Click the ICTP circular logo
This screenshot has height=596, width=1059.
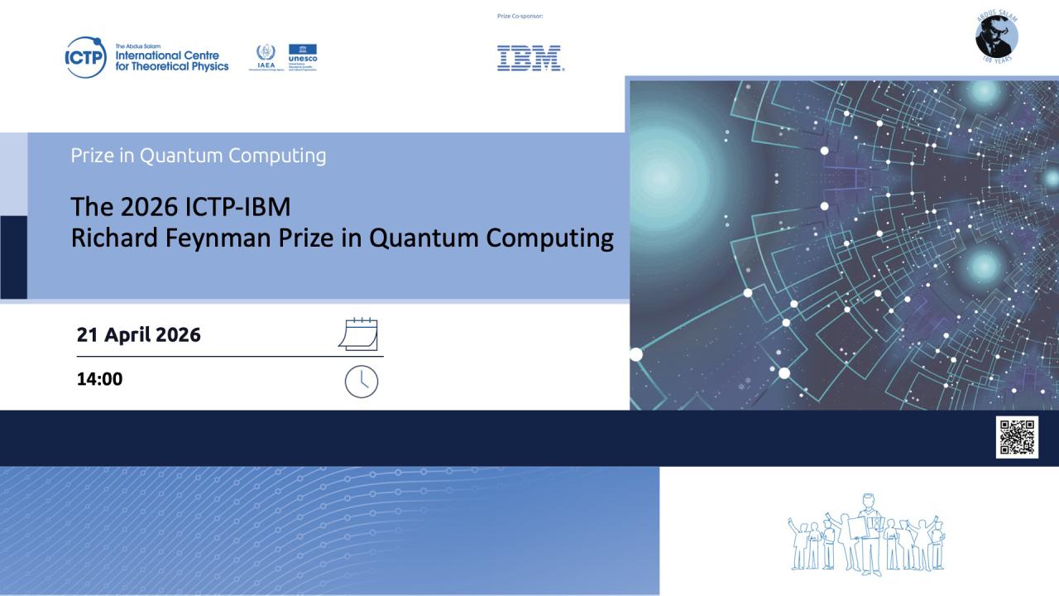[x=85, y=58]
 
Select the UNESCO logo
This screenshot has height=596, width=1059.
[x=302, y=56]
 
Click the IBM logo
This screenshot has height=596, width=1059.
[x=530, y=58]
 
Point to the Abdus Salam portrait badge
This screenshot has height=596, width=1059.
[x=996, y=38]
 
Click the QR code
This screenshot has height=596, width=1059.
[x=1017, y=437]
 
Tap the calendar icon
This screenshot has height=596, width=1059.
[x=359, y=334]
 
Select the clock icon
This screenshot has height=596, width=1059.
[x=361, y=382]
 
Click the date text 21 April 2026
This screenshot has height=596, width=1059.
[x=139, y=335]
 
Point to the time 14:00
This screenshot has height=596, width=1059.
[x=99, y=380]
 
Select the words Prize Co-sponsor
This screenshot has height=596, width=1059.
[x=520, y=16]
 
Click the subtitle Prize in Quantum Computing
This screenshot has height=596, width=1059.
[x=199, y=156]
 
